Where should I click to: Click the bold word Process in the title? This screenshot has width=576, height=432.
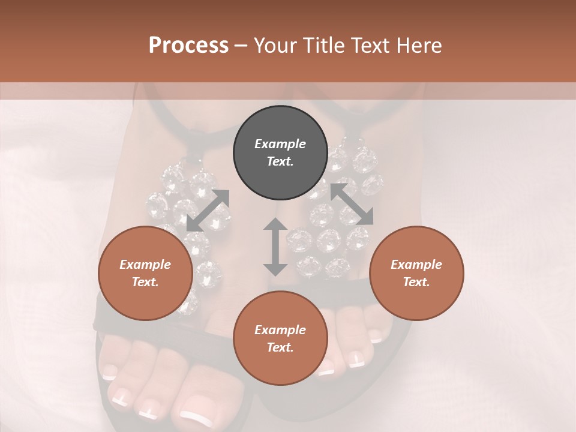[x=188, y=45]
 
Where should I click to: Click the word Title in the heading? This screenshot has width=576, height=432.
[x=323, y=45]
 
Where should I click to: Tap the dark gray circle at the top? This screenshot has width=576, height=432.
[x=280, y=153]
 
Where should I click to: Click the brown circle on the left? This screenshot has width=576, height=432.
[x=145, y=273]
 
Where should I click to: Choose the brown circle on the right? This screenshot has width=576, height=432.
[x=416, y=273]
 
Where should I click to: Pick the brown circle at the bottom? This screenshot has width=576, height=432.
[x=280, y=338]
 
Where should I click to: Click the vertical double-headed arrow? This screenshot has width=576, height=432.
[x=275, y=247]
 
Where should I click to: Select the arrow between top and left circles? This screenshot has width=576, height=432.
[x=208, y=210]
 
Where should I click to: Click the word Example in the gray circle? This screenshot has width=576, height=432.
[x=280, y=144]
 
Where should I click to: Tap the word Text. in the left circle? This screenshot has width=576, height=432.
[x=145, y=282]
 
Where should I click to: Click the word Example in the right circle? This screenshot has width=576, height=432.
[x=416, y=265]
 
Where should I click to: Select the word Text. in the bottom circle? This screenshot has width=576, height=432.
[x=280, y=347]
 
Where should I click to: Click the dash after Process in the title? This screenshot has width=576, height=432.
[x=241, y=46]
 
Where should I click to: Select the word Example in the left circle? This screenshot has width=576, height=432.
[x=145, y=265]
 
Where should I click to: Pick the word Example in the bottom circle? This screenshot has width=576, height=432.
[x=280, y=330]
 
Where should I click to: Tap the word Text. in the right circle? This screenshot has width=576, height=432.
[x=416, y=282]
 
